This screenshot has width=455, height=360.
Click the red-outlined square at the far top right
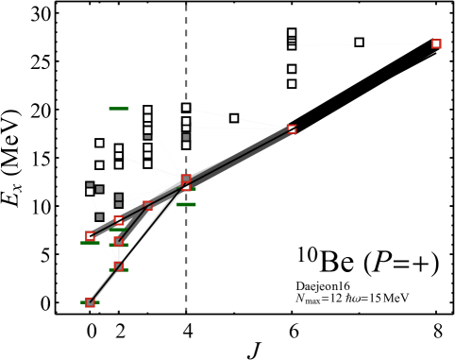coord(436,43)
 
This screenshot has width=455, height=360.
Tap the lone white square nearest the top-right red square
coord(359,42)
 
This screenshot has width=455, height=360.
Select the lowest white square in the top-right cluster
coord(292,83)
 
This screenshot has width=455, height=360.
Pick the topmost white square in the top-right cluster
coord(292,33)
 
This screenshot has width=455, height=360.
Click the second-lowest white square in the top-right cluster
coord(292,69)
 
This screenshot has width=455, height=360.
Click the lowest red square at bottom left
coord(90,302)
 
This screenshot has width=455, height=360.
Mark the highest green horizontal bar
coord(119,109)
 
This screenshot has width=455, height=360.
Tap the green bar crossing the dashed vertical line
coord(186,204)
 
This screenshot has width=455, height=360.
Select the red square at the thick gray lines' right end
coord(292,129)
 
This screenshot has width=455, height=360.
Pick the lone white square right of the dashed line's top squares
coord(234,118)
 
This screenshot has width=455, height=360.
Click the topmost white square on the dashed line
coord(186,108)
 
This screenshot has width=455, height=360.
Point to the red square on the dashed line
coord(186,179)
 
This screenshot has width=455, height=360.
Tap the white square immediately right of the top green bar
coord(147,110)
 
